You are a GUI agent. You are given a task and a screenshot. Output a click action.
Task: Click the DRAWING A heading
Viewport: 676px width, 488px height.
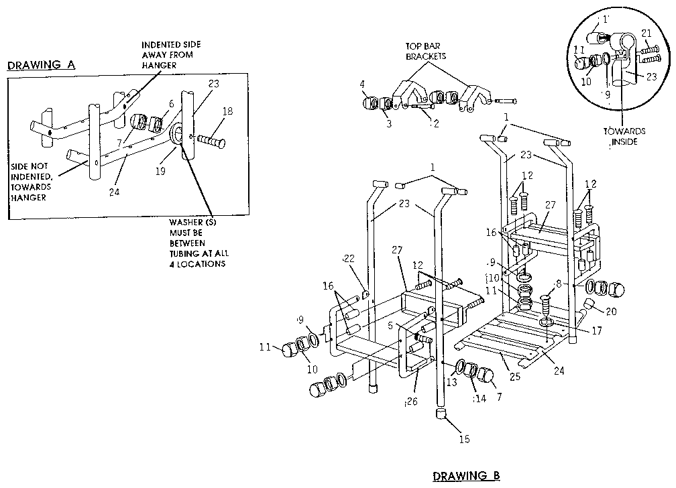pyautogui.click(x=40, y=66)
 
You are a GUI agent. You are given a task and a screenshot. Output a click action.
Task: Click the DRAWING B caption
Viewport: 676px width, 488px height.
pyautogui.click(x=466, y=476)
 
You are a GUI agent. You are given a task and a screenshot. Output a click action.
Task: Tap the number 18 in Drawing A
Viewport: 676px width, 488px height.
pyautogui.click(x=228, y=111)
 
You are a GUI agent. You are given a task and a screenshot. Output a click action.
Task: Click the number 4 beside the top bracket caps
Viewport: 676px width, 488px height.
pyautogui.click(x=362, y=84)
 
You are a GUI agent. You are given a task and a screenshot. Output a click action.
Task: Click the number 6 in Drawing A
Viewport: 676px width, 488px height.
pyautogui.click(x=171, y=104)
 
